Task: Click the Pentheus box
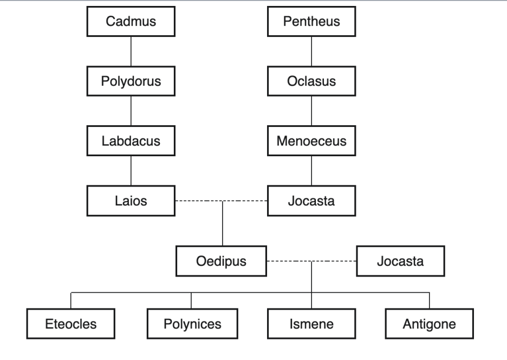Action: (x=311, y=22)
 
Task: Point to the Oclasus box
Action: (x=311, y=82)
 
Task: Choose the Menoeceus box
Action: (x=311, y=142)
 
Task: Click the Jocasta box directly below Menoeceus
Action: (x=311, y=201)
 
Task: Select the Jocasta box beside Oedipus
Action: (x=401, y=261)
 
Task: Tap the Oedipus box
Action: (x=221, y=261)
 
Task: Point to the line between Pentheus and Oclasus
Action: (x=311, y=52)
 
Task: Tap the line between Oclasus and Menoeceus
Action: (x=311, y=112)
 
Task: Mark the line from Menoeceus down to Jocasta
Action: (x=311, y=171)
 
